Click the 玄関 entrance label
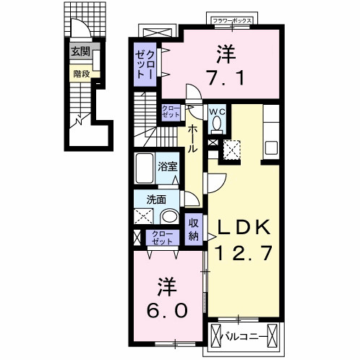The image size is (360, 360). click(80, 51)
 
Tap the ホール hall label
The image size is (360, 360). click(194, 138)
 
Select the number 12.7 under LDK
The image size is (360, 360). click(245, 253)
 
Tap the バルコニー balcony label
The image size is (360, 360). click(238, 336)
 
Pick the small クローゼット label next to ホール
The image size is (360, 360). click(171, 111)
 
